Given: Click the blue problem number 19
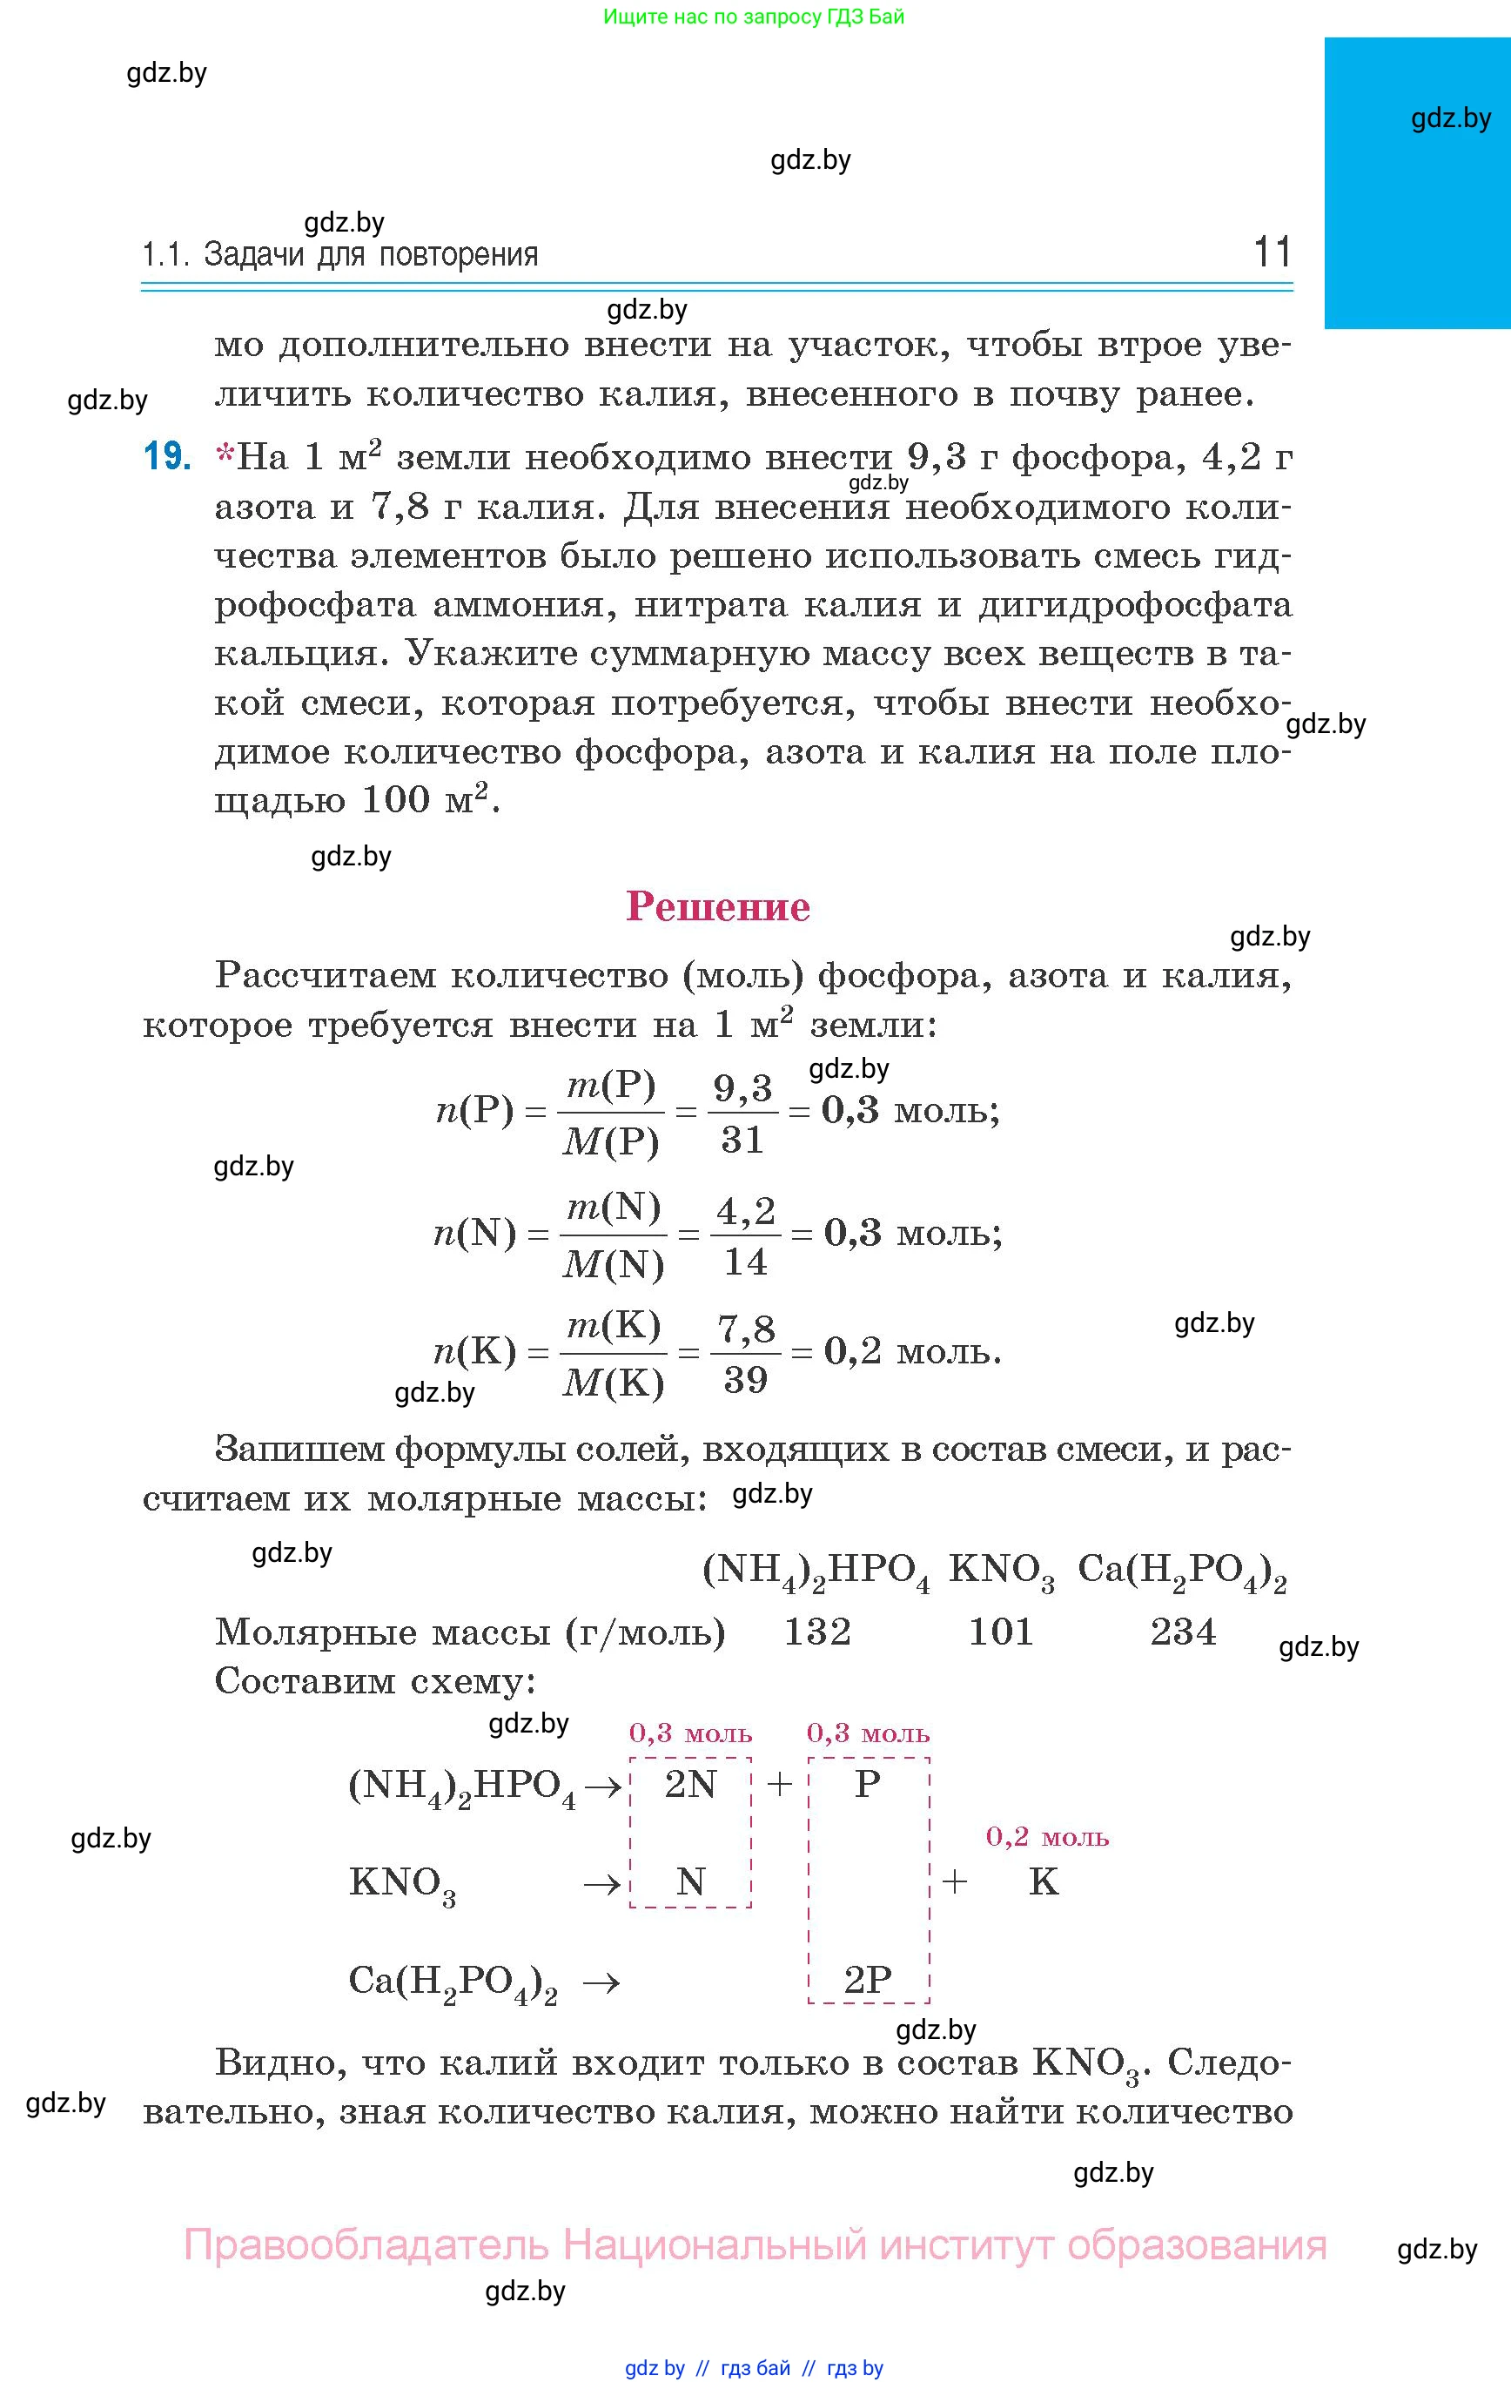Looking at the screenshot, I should click(166, 456).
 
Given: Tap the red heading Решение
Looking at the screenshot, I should click(717, 907).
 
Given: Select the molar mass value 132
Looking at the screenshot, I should click(817, 1632).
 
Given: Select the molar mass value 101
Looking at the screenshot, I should click(1000, 1632).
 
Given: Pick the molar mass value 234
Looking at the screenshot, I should click(1183, 1632).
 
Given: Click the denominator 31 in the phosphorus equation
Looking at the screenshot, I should click(742, 1140).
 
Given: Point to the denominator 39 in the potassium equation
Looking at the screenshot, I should click(745, 1380).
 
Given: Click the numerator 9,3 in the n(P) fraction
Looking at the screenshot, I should click(742, 1089).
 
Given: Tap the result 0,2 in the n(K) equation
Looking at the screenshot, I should click(852, 1351).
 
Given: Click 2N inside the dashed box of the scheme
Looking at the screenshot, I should click(690, 1785).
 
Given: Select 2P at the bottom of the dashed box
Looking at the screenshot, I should click(868, 1981).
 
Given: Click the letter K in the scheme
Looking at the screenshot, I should click(1044, 1882).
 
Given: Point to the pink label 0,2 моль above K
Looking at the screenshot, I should click(1047, 1837).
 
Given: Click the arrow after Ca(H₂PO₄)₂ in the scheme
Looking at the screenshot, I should click(601, 1982).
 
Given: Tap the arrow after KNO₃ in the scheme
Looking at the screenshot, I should click(601, 1884).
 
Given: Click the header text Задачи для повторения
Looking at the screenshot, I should click(370, 256).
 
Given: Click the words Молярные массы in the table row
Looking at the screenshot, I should click(382, 1632).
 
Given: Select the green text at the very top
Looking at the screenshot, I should click(754, 17).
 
